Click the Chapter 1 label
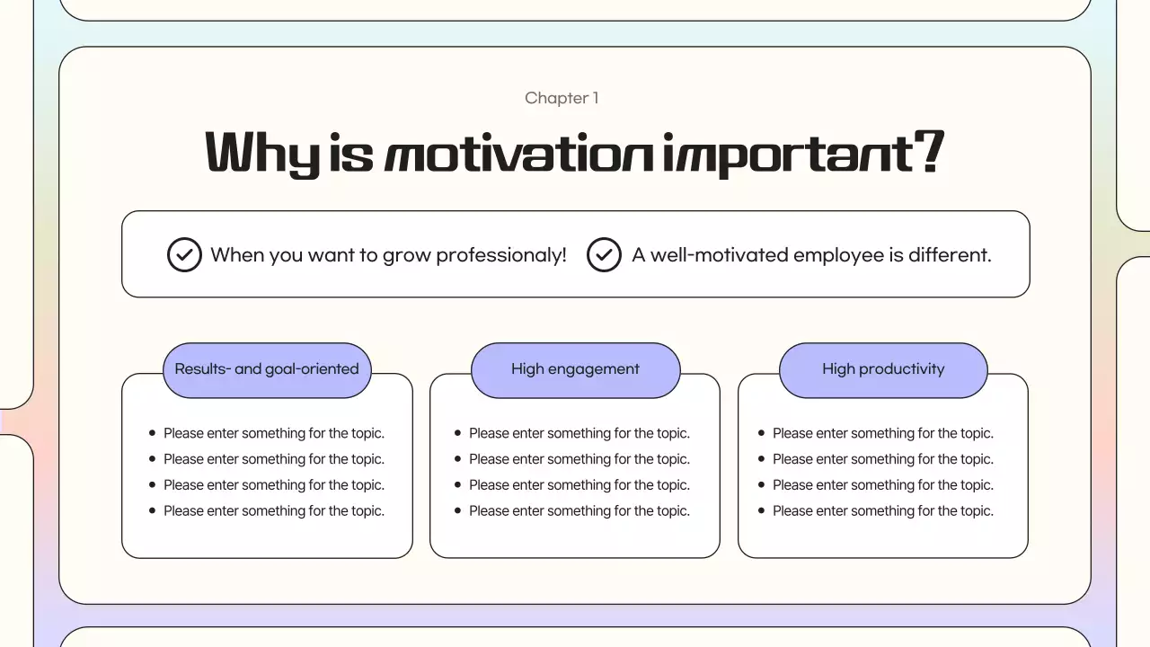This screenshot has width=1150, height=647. (x=562, y=98)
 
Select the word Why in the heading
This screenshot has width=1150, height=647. (x=261, y=153)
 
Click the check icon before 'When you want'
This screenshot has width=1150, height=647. (x=184, y=254)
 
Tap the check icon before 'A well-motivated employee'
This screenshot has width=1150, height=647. (x=604, y=254)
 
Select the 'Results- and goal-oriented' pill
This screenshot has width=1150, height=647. (x=267, y=369)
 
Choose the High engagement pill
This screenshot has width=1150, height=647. (x=575, y=369)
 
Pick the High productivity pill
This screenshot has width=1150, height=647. (x=883, y=369)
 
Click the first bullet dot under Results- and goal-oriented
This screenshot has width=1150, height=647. (x=152, y=433)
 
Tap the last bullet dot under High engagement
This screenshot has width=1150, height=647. (x=457, y=510)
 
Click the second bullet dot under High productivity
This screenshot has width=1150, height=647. (x=761, y=459)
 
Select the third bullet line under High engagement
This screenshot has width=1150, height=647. (x=579, y=485)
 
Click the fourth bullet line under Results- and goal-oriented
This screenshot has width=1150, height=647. (x=274, y=511)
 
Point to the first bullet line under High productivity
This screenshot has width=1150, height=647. (x=883, y=433)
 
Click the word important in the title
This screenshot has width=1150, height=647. (x=788, y=153)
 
